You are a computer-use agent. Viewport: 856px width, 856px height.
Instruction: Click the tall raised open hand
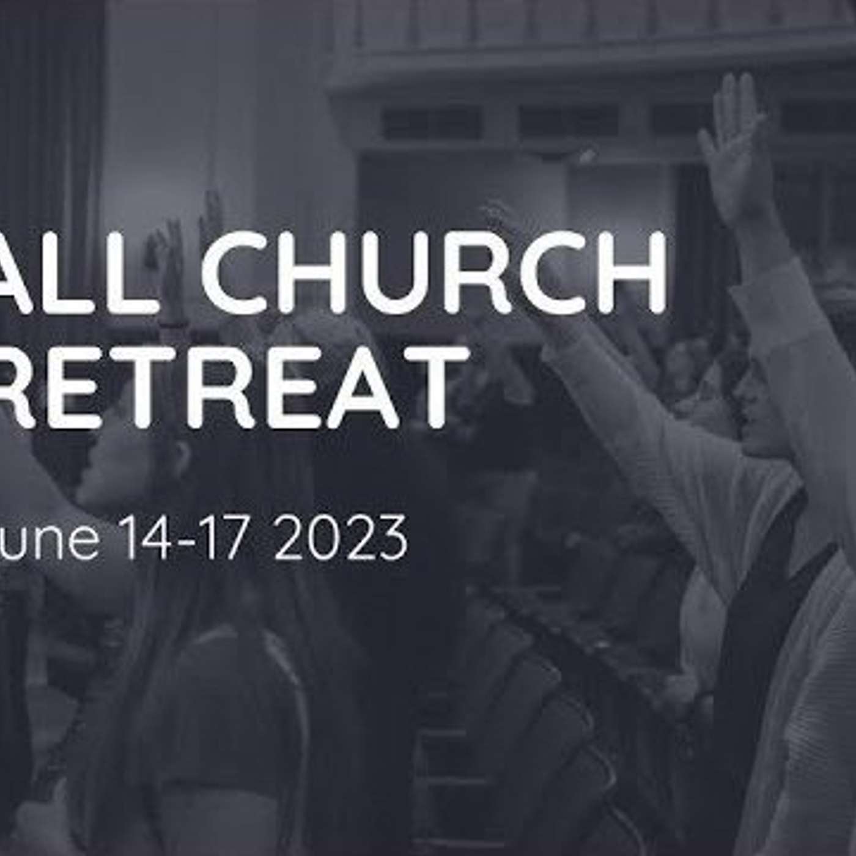(x=734, y=147)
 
